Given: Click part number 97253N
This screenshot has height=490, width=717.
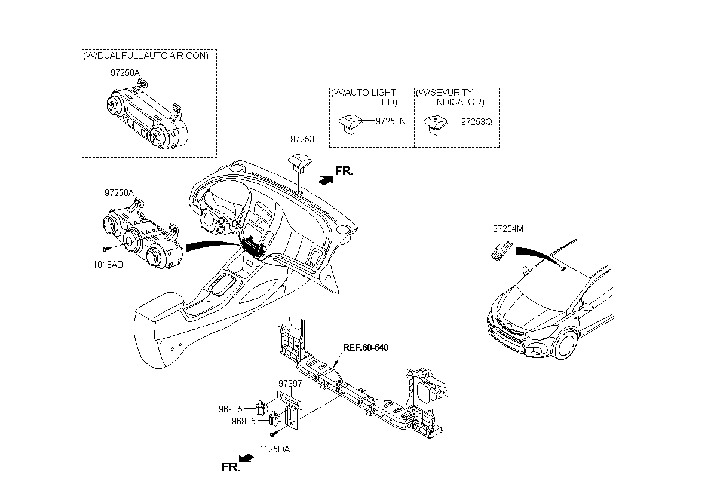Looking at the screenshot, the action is tap(390, 121).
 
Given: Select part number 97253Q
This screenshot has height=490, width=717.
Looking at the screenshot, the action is tap(476, 122).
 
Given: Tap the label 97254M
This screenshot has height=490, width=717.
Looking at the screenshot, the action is tap(508, 229).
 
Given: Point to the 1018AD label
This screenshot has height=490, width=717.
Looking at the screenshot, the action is tap(108, 265).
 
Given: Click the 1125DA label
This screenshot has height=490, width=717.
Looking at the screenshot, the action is tap(275, 449).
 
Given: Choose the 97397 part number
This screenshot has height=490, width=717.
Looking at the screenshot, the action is tap(290, 384).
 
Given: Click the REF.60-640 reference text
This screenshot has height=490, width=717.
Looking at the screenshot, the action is tap(366, 348).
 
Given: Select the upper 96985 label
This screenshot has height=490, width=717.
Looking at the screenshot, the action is tap(231, 409).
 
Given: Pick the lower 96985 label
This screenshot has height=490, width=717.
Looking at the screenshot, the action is tap(244, 421).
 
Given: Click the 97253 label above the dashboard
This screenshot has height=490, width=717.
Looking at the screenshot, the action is tap(302, 139).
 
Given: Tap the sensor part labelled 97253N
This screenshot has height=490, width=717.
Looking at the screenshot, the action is tap(351, 124).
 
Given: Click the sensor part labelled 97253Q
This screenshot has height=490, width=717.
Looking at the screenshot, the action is tap(436, 125).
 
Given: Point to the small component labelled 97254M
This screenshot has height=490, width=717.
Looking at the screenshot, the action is tap(501, 252).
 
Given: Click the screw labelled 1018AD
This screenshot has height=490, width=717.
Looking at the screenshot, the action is tap(106, 249).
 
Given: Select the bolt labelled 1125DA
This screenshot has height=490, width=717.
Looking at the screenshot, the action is tap(274, 434).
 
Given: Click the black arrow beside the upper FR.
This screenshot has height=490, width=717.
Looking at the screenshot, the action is tap(326, 180).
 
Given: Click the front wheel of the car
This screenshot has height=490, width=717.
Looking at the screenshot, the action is tap(567, 344).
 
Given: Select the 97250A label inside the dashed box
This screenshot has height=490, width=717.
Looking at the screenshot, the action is tap(125, 73).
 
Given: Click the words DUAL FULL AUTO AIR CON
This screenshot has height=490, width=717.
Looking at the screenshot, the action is tap(152, 56).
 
